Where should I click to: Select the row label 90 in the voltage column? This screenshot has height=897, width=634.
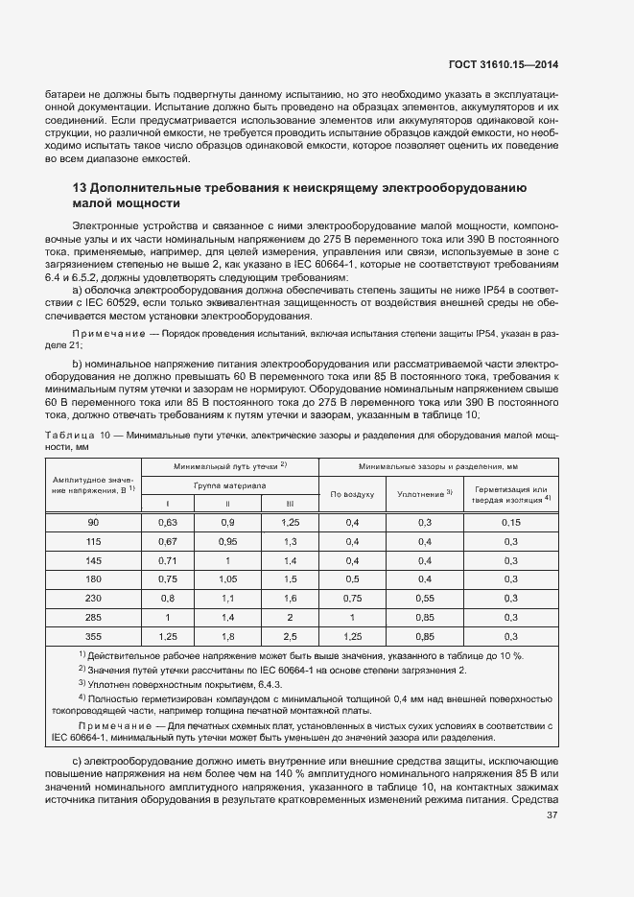coord(93,522)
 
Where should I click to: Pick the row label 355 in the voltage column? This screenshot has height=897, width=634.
coord(93,635)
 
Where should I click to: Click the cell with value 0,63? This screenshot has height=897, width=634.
coord(169,522)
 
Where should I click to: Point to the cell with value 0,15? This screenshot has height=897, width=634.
coord(511,522)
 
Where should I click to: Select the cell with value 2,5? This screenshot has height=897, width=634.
coord(289,635)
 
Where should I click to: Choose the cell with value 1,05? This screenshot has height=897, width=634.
coord(228,578)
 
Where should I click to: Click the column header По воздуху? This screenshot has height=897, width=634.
coord(351,494)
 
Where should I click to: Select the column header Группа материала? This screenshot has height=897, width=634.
coord(228,486)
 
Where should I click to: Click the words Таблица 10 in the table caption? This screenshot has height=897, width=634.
coord(77,436)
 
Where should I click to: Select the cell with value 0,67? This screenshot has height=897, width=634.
coord(169,541)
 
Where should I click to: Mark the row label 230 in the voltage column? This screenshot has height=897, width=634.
coord(93,598)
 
